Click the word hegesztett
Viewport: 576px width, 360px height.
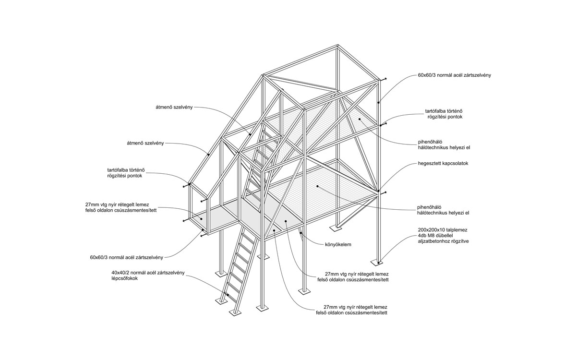click(x=429, y=164)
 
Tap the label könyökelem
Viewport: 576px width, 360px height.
click(x=338, y=244)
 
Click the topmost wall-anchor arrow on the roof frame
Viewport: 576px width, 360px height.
click(x=385, y=78)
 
